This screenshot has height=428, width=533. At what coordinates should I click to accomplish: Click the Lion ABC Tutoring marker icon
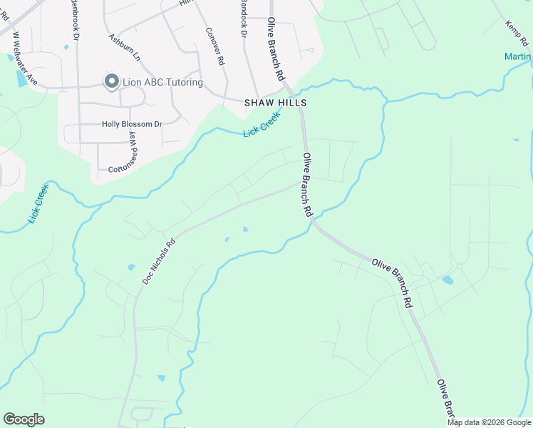coord(111,82)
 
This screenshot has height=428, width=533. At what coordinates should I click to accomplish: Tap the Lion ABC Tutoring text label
coord(162,83)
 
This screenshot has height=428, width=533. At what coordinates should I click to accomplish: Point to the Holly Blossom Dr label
coord(132,124)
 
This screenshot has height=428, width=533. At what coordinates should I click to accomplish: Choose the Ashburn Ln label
coord(124,46)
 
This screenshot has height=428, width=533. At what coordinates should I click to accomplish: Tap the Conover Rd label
coord(214,46)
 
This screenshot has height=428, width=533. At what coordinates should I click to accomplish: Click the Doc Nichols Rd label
coord(158,260)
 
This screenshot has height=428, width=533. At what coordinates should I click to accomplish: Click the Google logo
coord(24,419)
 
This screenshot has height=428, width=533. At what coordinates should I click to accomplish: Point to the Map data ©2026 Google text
coord(490,422)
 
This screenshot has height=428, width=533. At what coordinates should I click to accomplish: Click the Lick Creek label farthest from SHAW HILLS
coord(38,203)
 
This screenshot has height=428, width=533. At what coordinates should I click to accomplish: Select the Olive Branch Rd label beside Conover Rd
coord(276,49)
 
